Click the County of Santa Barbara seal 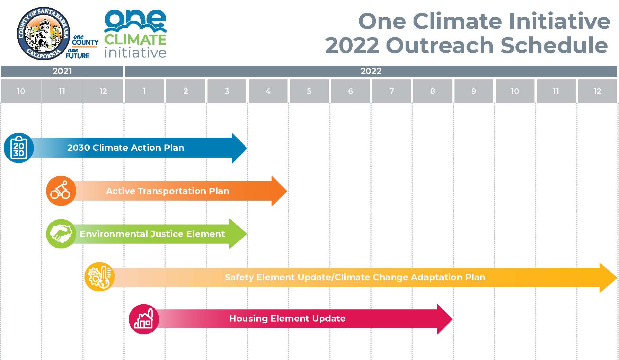pyautogui.click(x=44, y=33)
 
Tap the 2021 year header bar pyautogui.click(x=62, y=71)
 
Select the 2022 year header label pyautogui.click(x=371, y=71)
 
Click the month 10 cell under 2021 pyautogui.click(x=21, y=91)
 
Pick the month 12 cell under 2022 pyautogui.click(x=597, y=91)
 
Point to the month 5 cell pyautogui.click(x=309, y=91)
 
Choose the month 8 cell pyautogui.click(x=433, y=91)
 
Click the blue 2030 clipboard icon pyautogui.click(x=19, y=148)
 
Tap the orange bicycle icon pyautogui.click(x=61, y=191)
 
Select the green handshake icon pyautogui.click(x=61, y=234)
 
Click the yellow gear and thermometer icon pyautogui.click(x=100, y=277)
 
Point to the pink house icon pyautogui.click(x=144, y=319)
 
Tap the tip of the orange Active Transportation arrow pyautogui.click(x=287, y=191)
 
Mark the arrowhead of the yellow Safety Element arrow pyautogui.click(x=609, y=278)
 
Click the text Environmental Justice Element pyautogui.click(x=152, y=234)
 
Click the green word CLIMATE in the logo pyautogui.click(x=135, y=39)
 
